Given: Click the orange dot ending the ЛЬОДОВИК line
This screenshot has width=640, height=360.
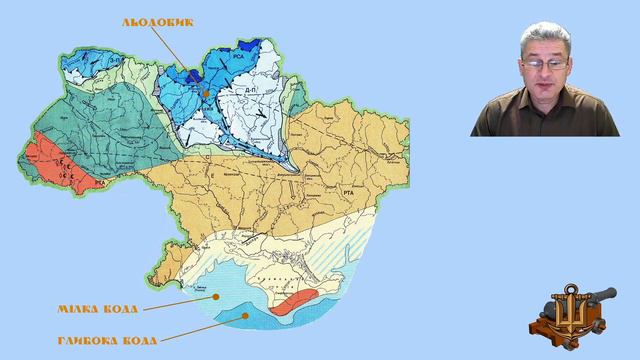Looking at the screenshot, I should tap(206, 93).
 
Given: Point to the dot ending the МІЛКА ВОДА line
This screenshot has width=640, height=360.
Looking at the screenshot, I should tap(213, 296).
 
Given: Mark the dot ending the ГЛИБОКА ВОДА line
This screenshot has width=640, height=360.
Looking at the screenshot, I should tap(247, 314).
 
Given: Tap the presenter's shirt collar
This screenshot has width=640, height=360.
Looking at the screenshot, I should tap(545, 108).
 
